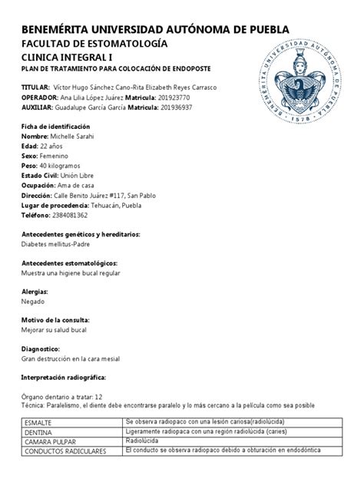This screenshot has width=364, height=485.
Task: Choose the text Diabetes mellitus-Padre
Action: click(x=58, y=244)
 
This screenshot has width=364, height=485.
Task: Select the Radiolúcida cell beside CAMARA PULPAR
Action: click(x=141, y=441)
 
